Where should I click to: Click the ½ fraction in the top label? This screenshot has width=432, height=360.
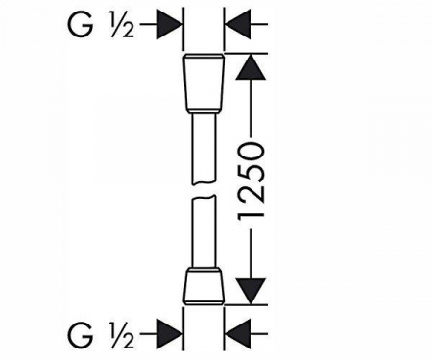click(122, 25)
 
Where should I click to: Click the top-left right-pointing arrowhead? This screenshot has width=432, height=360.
click(170, 24)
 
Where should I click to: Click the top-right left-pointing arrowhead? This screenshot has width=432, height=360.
click(238, 24)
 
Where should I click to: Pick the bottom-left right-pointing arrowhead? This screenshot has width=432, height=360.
click(170, 334)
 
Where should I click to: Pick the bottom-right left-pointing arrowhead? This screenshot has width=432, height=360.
click(238, 334)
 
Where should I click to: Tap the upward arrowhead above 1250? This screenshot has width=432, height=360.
click(251, 66)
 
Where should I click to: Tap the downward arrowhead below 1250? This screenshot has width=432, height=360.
click(251, 291)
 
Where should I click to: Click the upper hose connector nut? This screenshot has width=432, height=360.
click(204, 84)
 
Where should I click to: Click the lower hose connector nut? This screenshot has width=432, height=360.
click(204, 285)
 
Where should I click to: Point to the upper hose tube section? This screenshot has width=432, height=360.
click(204, 149)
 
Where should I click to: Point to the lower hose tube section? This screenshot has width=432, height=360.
click(204, 231)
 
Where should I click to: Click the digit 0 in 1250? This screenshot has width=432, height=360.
click(252, 153)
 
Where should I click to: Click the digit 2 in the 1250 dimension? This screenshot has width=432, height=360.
click(252, 197)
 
